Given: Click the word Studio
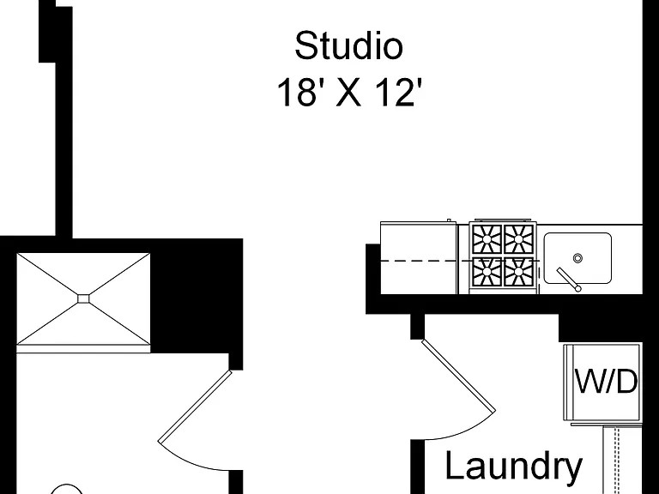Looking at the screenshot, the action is pyautogui.click(x=349, y=45).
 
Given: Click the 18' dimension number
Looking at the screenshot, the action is pyautogui.click(x=296, y=92).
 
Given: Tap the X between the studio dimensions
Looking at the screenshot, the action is pyautogui.click(x=348, y=93).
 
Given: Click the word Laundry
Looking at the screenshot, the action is pyautogui.click(x=514, y=467).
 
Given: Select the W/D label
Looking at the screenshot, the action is pyautogui.click(x=606, y=382).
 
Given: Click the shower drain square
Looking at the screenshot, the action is pyautogui.click(x=83, y=298).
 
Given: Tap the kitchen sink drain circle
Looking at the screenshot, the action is pyautogui.click(x=577, y=258).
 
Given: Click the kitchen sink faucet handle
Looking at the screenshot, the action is pyautogui.click(x=569, y=280).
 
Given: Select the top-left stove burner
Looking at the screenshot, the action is pyautogui.click(x=487, y=239).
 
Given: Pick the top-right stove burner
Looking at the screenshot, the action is pyautogui.click(x=518, y=239).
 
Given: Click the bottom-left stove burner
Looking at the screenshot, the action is pyautogui.click(x=487, y=271).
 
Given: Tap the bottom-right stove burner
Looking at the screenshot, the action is pyautogui.click(x=518, y=271).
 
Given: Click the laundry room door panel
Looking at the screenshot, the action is pyautogui.click(x=458, y=376).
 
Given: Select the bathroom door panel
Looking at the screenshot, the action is pyautogui.click(x=195, y=407).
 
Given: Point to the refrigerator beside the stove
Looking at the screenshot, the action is pyautogui.click(x=419, y=257).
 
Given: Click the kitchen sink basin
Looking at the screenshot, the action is pyautogui.click(x=577, y=258).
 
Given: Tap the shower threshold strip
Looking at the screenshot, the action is pyautogui.click(x=83, y=349).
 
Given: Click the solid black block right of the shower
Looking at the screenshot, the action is pyautogui.click(x=196, y=296).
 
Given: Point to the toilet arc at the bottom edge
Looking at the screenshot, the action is pyautogui.click(x=66, y=489).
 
